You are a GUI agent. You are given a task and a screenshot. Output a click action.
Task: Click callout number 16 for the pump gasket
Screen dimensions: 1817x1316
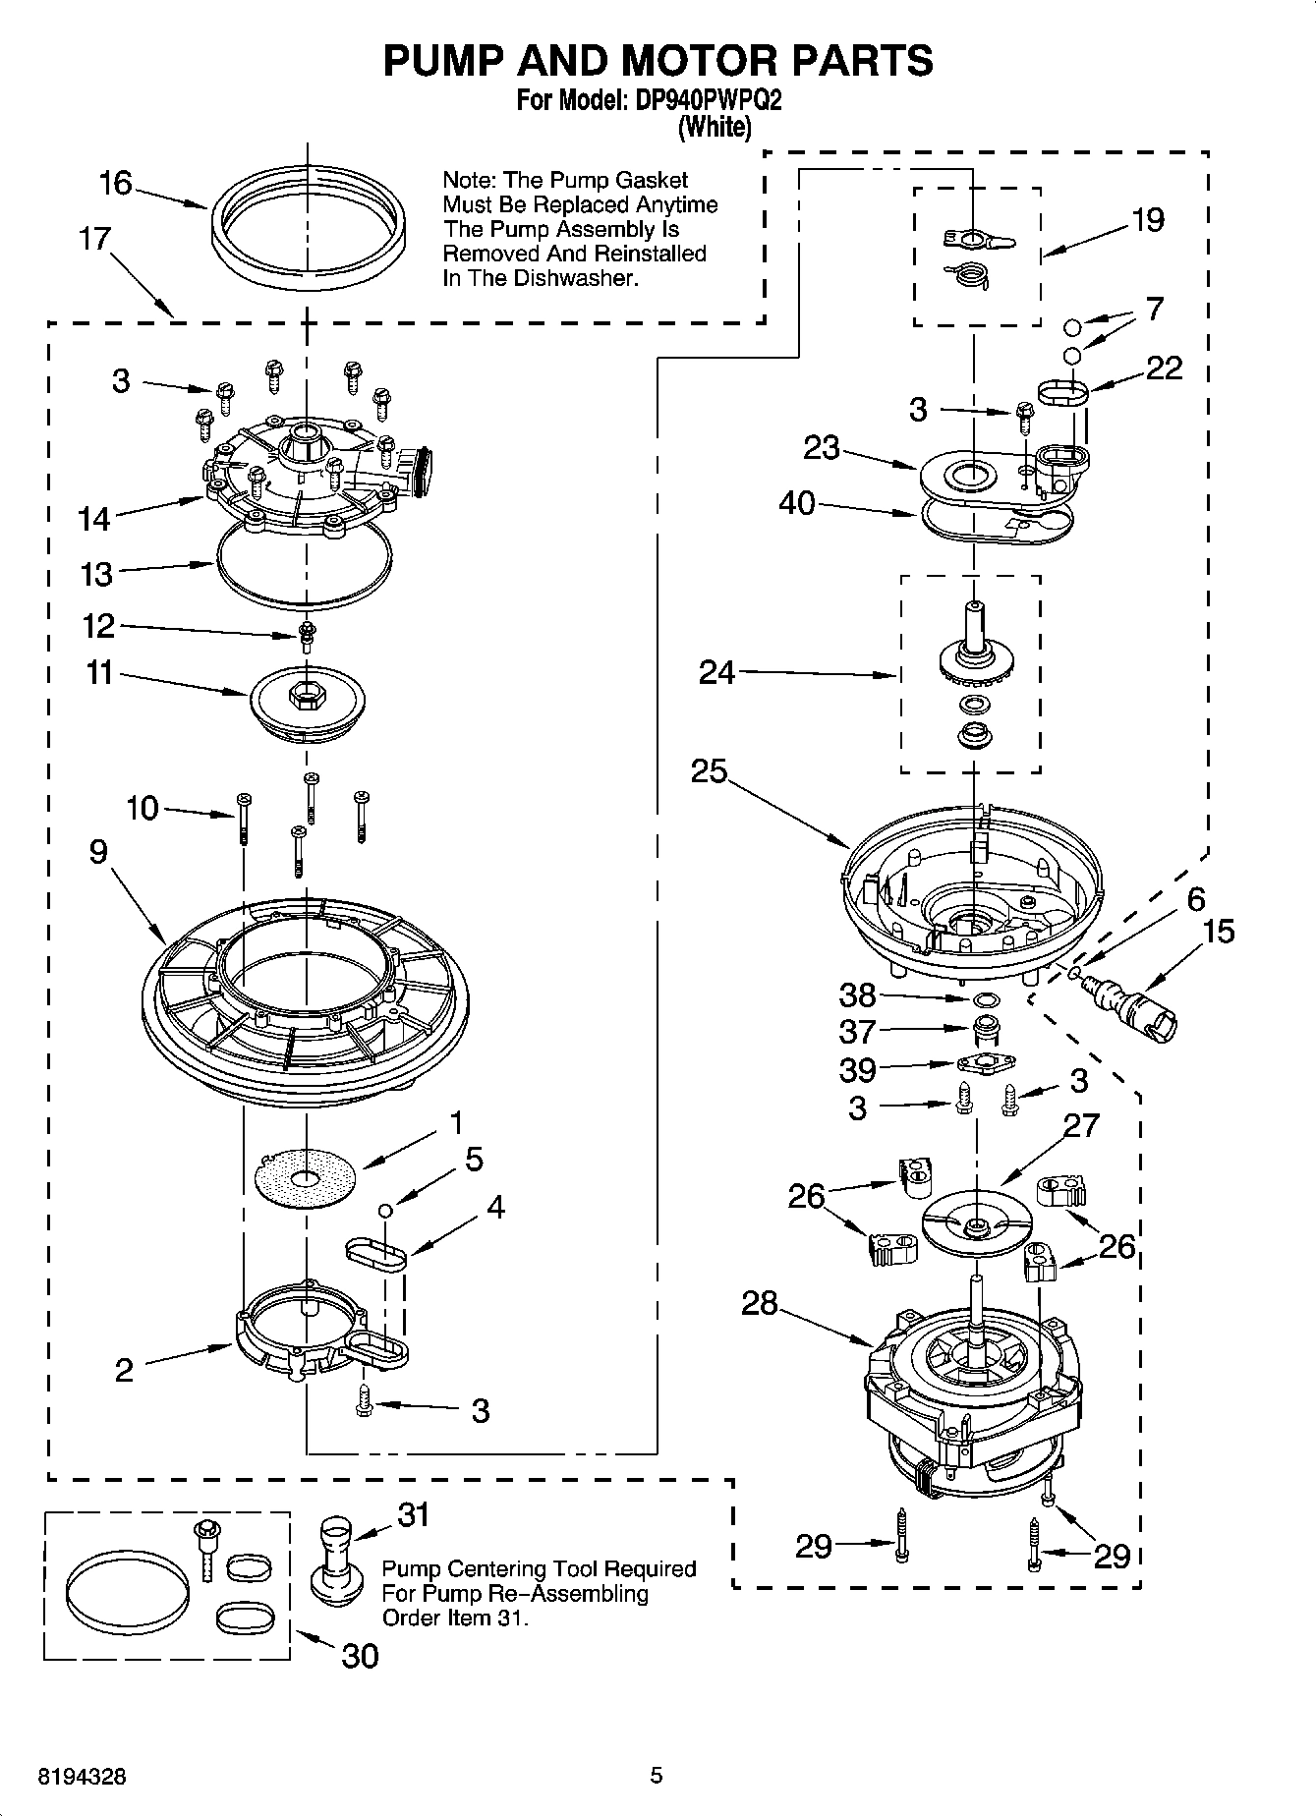[115, 183]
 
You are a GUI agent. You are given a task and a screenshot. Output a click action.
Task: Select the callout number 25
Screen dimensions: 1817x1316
[709, 771]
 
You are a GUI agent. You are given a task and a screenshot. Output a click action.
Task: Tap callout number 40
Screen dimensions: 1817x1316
[796, 503]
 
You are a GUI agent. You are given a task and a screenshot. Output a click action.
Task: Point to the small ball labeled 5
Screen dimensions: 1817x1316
[387, 1209]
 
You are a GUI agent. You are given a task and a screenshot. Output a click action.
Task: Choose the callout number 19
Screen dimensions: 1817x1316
[1147, 220]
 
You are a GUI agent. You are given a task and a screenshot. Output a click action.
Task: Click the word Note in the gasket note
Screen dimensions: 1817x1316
[469, 181]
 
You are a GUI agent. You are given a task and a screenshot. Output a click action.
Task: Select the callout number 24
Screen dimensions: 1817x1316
[716, 673]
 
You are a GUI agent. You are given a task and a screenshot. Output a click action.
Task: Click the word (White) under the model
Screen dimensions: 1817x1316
[715, 127]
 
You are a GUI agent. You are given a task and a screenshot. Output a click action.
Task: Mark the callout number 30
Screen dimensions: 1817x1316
[360, 1656]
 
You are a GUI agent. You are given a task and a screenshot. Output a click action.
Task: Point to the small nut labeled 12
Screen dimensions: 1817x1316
[307, 634]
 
